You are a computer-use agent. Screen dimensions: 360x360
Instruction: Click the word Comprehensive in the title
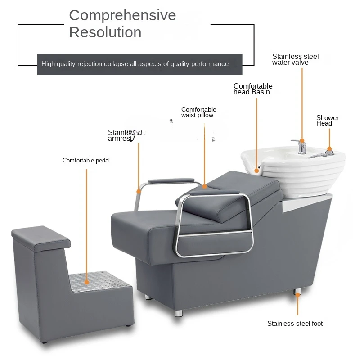pyautogui.click(x=122, y=15)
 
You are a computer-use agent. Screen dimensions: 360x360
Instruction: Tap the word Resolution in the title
pyautogui.click(x=105, y=32)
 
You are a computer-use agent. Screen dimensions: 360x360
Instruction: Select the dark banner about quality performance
pyautogui.click(x=139, y=64)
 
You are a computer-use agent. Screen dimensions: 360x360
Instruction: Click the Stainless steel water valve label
pyautogui.click(x=295, y=59)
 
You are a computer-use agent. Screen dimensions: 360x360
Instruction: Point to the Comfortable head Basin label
pyautogui.click(x=253, y=89)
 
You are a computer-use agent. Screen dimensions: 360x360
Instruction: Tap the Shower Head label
pyautogui.click(x=327, y=121)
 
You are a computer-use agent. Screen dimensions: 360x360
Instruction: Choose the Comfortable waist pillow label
pyautogui.click(x=198, y=112)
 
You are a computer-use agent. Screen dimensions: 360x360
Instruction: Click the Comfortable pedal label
pyautogui.click(x=86, y=161)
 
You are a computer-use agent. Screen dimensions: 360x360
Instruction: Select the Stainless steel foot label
pyautogui.click(x=295, y=324)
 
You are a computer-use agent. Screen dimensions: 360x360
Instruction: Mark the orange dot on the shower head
pyautogui.click(x=329, y=149)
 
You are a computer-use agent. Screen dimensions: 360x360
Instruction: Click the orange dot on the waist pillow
pyautogui.click(x=205, y=186)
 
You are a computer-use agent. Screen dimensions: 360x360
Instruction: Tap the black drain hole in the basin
pyautogui.click(x=258, y=170)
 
